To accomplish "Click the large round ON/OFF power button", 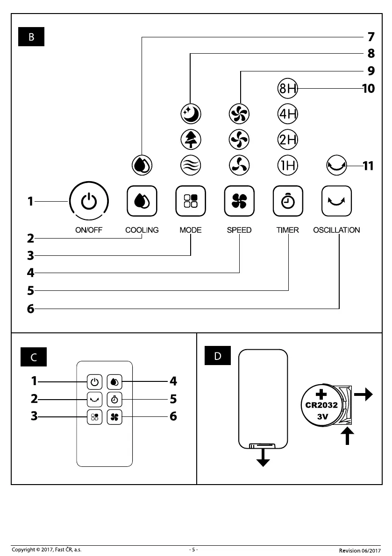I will (89, 201).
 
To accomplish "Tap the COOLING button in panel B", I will (142, 201).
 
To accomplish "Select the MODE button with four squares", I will (191, 201).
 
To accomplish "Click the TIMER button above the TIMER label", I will (288, 201).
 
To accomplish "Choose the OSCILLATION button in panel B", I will (337, 201).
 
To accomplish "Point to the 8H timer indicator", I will (288, 88).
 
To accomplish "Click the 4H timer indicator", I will (288, 113).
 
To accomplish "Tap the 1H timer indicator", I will (288, 165).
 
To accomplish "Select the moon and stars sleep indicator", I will (191, 113).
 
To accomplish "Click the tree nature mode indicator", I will (191, 139).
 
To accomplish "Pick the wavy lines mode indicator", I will (191, 165).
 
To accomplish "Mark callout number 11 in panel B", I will (368, 165).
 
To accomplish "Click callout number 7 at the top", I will (371, 36).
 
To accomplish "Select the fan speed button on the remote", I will (114, 417).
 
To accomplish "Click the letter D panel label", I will (218, 356).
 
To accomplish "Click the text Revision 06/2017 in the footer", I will (360, 550).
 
